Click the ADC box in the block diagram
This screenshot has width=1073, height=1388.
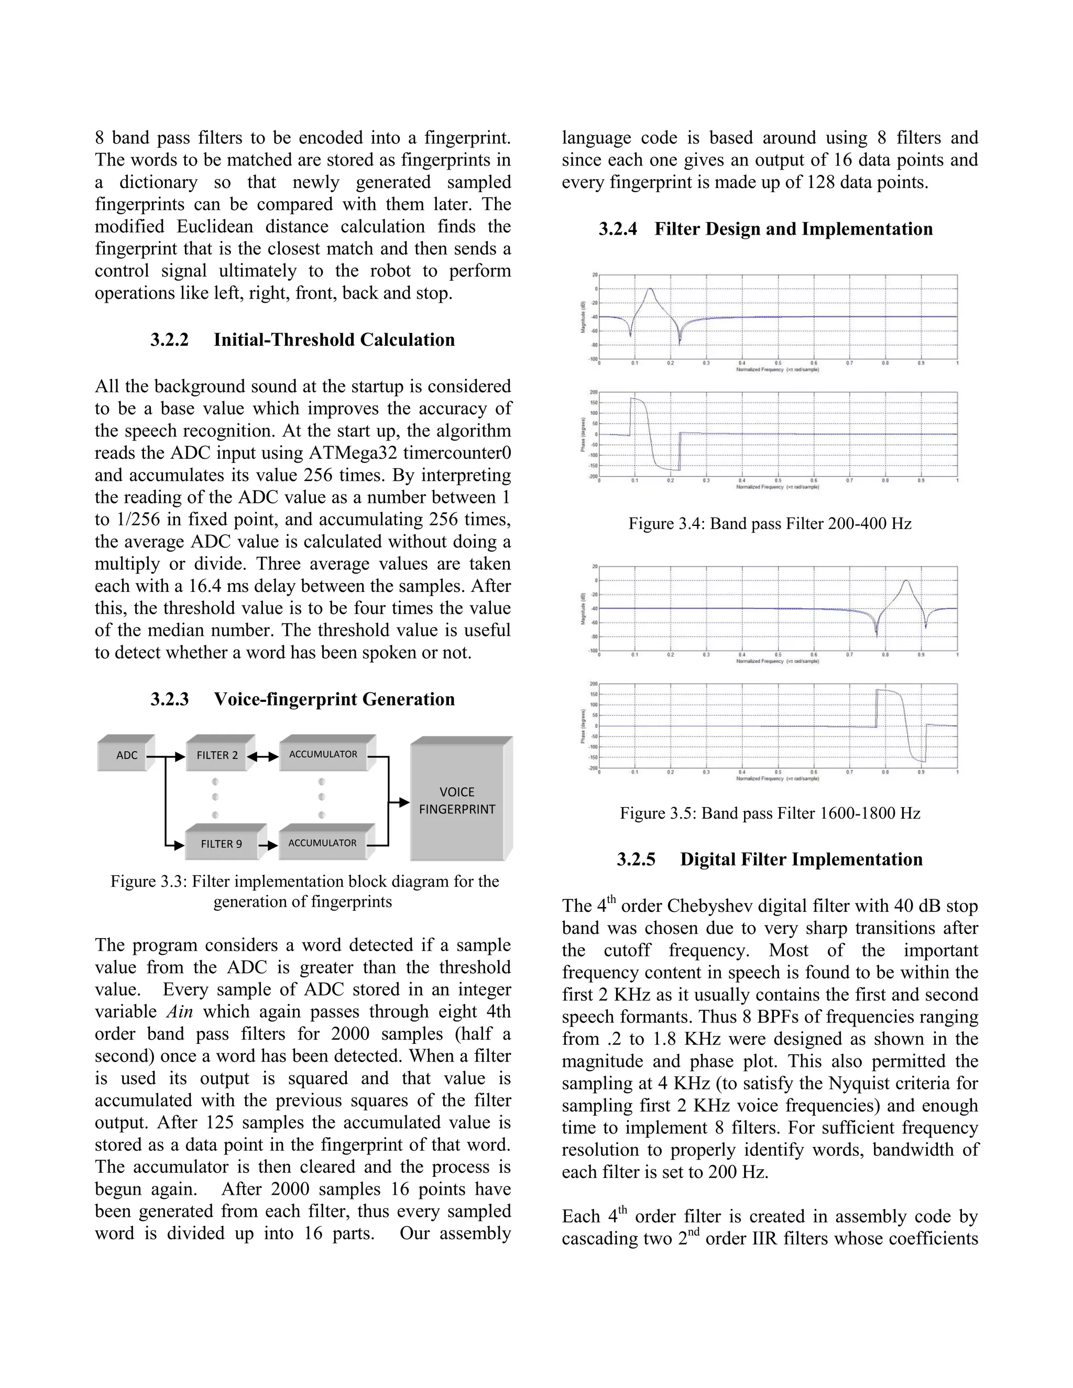tap(126, 755)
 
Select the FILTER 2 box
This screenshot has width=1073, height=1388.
tap(217, 755)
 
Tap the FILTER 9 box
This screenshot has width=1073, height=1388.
tap(221, 844)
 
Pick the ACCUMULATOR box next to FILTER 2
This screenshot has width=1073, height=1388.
tap(323, 754)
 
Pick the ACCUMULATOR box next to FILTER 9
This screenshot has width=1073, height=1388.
tap(322, 843)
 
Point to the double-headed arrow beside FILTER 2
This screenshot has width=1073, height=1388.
tap(262, 756)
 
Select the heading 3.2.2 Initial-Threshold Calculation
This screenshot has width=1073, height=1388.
tap(303, 340)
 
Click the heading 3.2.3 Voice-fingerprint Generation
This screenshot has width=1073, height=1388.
tap(303, 699)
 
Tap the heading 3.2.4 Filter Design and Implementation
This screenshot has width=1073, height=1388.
tap(766, 229)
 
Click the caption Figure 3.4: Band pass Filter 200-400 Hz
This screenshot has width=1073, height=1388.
tap(770, 524)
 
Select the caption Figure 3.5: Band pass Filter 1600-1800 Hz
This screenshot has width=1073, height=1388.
tap(770, 813)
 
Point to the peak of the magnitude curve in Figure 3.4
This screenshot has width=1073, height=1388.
tap(650, 289)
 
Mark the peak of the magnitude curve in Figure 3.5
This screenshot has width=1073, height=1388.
tap(906, 581)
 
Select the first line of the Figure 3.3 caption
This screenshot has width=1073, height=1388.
tap(304, 882)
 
